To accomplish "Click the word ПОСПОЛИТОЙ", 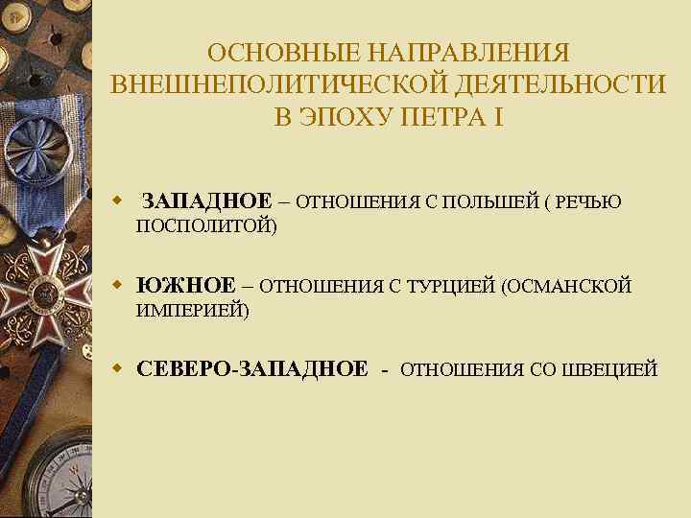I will click(205, 226).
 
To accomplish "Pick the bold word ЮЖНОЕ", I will click(186, 286).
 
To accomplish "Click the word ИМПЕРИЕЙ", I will click(192, 311).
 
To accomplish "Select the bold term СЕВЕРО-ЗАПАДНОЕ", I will click(252, 369).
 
